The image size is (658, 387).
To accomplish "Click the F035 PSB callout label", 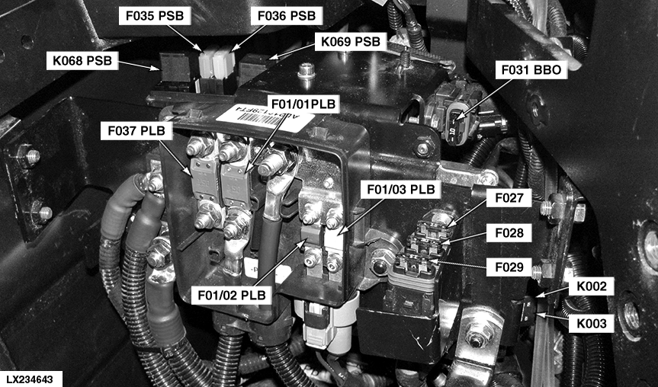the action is [x=155, y=16].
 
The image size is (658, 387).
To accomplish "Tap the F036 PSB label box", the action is [x=287, y=16].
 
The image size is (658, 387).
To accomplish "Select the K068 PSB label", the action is [x=82, y=61].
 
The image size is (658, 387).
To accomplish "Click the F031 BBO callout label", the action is [x=531, y=70].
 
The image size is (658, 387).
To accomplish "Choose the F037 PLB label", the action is [x=136, y=131].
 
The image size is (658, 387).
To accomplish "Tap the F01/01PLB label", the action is [x=303, y=104].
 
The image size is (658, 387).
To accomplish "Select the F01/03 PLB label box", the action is [x=401, y=189].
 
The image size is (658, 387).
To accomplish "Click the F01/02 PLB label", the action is [x=232, y=295].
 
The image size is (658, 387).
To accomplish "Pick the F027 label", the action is [x=509, y=198].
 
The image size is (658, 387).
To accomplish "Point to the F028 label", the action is [x=509, y=232].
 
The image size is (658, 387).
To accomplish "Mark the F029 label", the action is [x=509, y=267].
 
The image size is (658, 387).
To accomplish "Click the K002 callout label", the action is [x=591, y=286].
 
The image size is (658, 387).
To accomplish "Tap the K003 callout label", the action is [x=591, y=323].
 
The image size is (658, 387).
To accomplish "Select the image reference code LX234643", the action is [x=30, y=380].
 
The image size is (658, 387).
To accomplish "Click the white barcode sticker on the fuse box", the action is [x=265, y=118].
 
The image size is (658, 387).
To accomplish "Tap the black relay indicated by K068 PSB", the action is [x=175, y=67].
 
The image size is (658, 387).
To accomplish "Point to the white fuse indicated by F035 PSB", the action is [x=207, y=64].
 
